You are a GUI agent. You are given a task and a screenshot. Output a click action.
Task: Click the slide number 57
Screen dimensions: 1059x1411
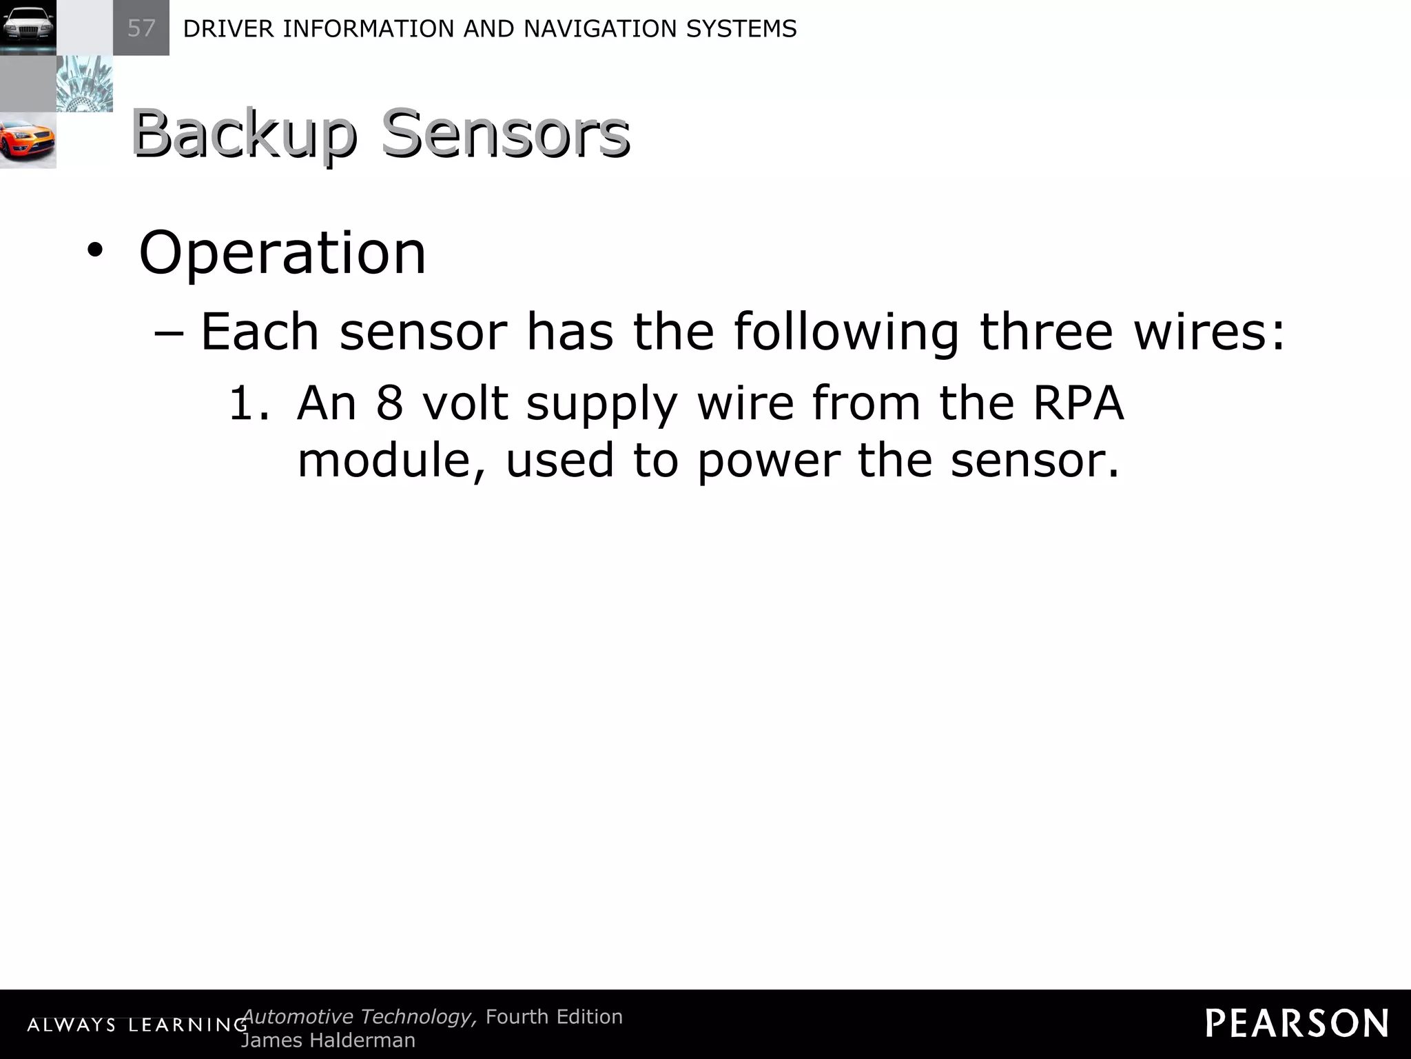tap(141, 28)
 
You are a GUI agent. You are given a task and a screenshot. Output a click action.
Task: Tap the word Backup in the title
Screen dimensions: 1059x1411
tap(244, 134)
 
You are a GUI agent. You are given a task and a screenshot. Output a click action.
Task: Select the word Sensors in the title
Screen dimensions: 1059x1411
tap(505, 134)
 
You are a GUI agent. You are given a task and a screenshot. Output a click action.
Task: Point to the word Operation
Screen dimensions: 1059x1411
tap(282, 253)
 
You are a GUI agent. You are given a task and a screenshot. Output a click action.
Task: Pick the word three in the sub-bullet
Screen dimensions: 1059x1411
tap(1046, 332)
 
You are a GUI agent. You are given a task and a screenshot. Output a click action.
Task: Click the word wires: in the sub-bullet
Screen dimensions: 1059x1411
tap(1210, 332)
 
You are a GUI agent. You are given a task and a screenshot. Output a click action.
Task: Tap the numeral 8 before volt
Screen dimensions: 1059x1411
tap(389, 403)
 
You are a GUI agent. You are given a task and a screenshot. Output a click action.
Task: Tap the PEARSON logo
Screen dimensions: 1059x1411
tap(1297, 1023)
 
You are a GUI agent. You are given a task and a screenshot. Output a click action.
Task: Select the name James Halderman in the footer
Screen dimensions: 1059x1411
tap(328, 1040)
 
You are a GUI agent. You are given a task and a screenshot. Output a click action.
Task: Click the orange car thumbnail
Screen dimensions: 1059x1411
tap(28, 141)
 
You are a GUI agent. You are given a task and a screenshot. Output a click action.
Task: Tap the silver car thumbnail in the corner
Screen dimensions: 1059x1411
tap(28, 28)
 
